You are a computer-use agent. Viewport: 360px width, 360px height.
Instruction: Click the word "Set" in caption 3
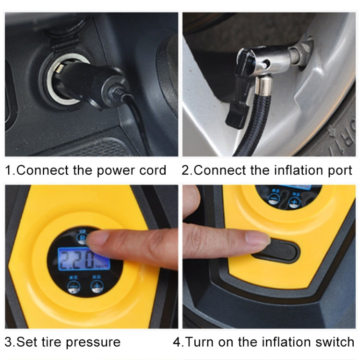pyautogui.click(x=25, y=342)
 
